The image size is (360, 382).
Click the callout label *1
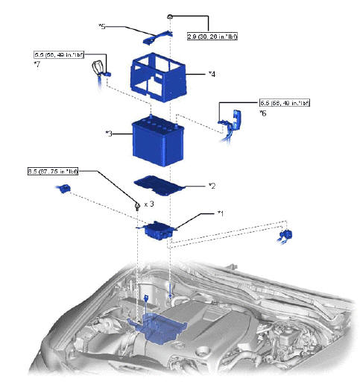point(221,213)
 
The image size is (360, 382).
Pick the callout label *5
point(102,26)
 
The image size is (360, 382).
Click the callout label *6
point(262,113)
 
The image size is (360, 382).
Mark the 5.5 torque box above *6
point(284,102)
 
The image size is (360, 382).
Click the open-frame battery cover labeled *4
point(159,78)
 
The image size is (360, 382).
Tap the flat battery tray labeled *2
point(160,183)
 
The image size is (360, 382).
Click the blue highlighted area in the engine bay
point(161,328)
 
